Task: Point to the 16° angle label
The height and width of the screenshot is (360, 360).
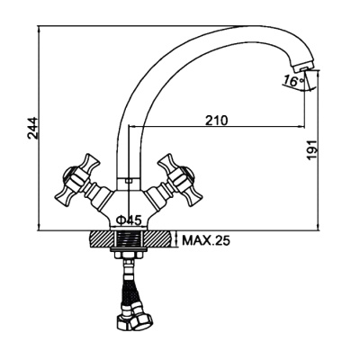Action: tap(292, 81)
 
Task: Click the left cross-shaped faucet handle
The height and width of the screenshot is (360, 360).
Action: tap(75, 180)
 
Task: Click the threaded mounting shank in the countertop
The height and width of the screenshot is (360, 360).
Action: tap(130, 240)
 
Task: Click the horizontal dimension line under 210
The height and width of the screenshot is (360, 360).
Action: tap(216, 128)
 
